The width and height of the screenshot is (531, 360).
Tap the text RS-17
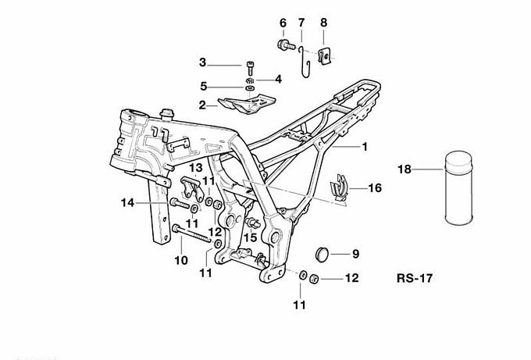415,278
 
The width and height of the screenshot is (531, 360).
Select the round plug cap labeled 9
323,252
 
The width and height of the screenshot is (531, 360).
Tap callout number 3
202,62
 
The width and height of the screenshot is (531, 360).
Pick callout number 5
202,86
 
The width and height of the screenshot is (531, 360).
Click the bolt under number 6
284,46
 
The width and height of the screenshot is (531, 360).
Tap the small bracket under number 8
327,53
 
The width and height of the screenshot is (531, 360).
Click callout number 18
404,169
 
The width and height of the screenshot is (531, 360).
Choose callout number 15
251,237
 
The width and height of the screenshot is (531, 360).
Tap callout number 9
355,253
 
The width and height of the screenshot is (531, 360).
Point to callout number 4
277,79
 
